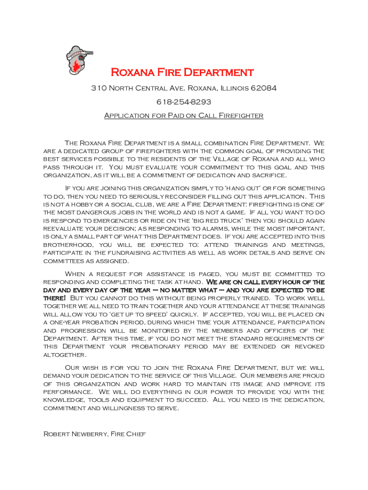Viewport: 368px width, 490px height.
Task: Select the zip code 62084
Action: (x=264, y=89)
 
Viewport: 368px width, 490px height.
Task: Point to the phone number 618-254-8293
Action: (x=184, y=102)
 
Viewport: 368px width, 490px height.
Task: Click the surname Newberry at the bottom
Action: (x=89, y=434)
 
